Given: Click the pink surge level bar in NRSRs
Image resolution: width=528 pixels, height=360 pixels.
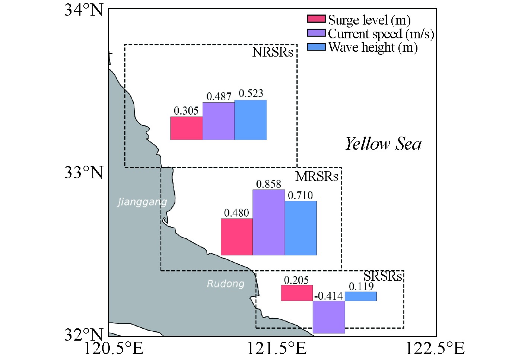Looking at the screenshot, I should (186, 128).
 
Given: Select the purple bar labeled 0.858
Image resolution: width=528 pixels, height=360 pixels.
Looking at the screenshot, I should (269, 222).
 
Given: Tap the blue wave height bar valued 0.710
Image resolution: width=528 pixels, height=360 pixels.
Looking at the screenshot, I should (301, 228).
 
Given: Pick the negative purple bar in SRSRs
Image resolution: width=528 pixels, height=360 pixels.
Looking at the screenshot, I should (329, 317).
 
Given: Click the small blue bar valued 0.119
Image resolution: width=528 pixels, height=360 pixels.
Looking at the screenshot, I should (360, 296).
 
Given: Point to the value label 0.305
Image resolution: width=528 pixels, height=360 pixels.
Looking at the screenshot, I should (186, 111).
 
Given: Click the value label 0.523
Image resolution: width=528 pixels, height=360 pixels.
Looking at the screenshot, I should (251, 93).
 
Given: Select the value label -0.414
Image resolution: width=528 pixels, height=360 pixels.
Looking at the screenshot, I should (328, 296).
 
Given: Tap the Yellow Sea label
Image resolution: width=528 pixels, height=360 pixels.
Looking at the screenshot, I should (383, 144).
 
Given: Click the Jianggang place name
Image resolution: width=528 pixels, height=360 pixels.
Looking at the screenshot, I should (142, 202).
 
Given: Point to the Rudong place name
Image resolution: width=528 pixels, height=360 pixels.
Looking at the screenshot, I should (226, 284).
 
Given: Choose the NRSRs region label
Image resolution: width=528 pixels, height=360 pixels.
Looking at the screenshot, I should (273, 52).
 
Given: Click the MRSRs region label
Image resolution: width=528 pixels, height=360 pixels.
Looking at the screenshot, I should (317, 176).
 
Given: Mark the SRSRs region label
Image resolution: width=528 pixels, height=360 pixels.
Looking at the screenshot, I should (383, 276).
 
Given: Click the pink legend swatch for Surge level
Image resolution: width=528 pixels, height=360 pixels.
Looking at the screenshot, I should (316, 19).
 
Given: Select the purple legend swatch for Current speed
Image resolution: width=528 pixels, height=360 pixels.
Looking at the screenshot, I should (316, 33).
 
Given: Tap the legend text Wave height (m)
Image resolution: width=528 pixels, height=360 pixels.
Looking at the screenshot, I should (373, 47).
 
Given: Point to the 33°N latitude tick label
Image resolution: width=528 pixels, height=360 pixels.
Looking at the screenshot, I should (83, 172).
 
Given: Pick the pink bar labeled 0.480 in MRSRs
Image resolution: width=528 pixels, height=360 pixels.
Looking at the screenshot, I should (237, 237).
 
